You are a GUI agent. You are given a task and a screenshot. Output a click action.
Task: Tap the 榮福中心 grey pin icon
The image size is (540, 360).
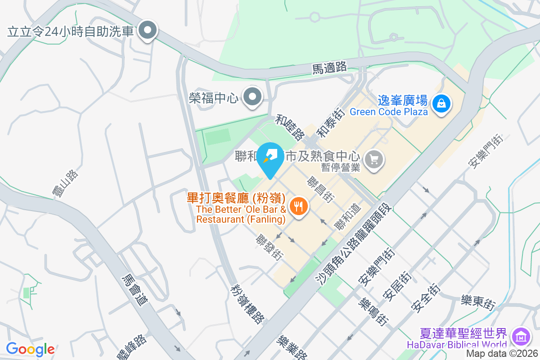pos(253,97)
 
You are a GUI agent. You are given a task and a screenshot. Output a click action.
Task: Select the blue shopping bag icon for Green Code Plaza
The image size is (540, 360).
pos(441,103)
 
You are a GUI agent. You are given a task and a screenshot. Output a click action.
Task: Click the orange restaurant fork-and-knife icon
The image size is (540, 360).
pos(298,207)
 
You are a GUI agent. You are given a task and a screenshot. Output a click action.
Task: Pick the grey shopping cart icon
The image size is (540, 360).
pos(374,159)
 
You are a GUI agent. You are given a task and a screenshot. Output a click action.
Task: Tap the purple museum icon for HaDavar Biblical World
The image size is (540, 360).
pos(521,336)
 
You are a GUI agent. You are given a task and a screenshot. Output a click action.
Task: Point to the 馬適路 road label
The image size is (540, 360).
pos(330,68)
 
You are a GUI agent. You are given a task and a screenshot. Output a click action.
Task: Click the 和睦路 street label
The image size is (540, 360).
pos(290,127)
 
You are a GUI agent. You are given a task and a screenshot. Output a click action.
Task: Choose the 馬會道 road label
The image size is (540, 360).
pos(135,290)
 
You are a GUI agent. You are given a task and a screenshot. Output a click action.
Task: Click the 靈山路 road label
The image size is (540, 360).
pos(65,184)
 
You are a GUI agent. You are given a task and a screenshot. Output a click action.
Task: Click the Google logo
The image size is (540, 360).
pos(31,349)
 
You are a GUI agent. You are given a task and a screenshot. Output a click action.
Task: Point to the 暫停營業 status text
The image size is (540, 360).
pos(341,168)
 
